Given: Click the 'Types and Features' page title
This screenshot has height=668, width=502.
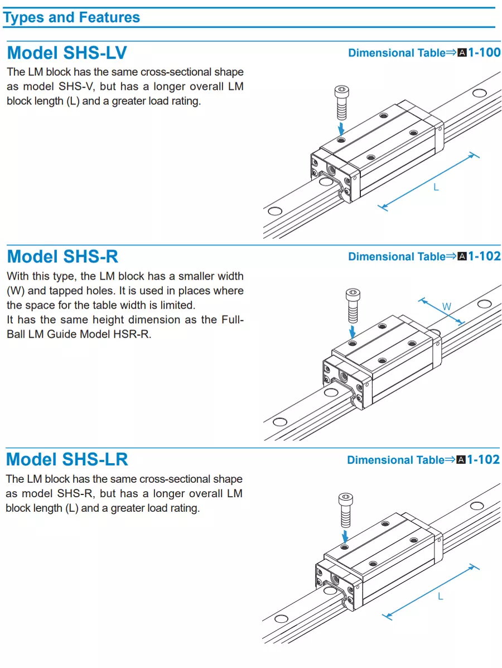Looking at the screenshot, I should tap(71, 17).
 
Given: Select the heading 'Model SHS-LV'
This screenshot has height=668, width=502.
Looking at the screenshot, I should tap(67, 53).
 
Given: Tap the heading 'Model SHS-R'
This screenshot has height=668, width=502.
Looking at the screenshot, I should tap(62, 257).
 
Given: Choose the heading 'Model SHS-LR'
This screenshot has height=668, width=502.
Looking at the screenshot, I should tap(67, 460).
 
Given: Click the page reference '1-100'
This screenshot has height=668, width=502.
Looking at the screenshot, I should tap(484, 53).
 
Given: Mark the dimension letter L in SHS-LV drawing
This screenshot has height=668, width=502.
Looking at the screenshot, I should tap(436, 188).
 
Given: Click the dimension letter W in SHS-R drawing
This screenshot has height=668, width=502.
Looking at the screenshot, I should tap(447, 306).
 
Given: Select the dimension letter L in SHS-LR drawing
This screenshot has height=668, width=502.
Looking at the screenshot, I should tap(440, 597).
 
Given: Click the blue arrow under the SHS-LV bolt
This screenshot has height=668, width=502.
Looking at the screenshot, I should tap(341, 128).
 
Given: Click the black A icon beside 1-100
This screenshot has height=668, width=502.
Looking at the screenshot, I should tap(462, 54).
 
